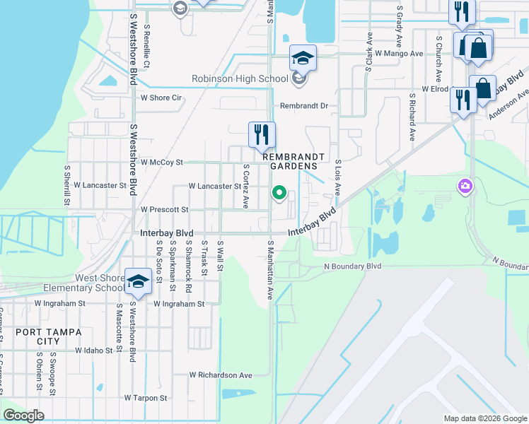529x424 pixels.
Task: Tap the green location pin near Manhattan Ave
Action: click(279, 192)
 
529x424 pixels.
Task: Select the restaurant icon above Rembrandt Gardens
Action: click(262, 133)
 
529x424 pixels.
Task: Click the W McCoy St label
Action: click(161, 162)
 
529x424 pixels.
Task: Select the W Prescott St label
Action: click(164, 210)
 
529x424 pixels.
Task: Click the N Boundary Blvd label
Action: click(352, 266)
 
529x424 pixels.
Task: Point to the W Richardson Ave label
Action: click(221, 375)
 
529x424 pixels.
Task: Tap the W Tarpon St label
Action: click(146, 398)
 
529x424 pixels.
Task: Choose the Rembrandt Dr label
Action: click(305, 106)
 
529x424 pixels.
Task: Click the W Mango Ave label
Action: click(399, 53)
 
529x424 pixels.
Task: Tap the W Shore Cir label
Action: click(161, 98)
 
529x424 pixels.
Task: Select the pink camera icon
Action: click(465, 186)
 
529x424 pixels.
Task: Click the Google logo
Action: click(23, 416)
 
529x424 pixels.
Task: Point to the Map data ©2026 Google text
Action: click(484, 418)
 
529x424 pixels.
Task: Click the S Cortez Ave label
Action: click(245, 187)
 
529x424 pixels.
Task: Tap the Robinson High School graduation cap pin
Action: click(303, 59)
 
